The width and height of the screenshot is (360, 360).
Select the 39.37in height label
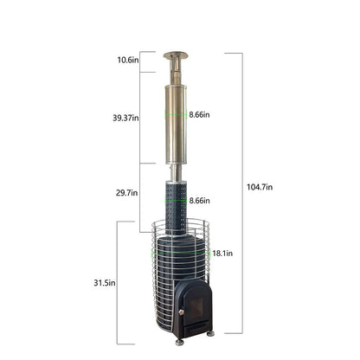point(125,117)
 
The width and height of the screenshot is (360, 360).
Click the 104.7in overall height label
point(259,187)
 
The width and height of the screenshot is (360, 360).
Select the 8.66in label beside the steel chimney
point(199,114)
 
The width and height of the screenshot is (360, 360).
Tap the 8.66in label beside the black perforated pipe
point(199,201)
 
